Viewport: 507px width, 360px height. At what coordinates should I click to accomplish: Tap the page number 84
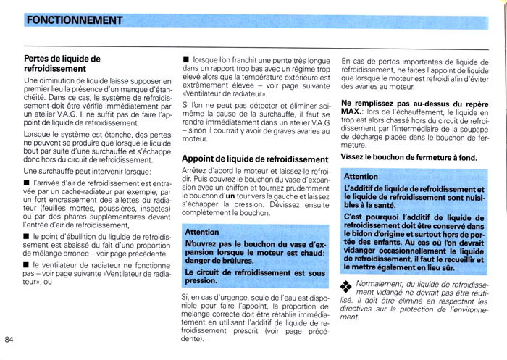coord(10,340)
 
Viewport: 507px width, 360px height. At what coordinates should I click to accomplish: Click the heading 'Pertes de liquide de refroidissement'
coord(62,64)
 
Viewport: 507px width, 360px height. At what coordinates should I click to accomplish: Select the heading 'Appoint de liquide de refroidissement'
coord(255,159)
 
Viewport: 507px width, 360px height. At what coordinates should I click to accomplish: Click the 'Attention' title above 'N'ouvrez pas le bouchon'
coord(202,232)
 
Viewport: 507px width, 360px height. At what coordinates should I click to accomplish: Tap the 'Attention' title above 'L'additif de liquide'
coord(361,176)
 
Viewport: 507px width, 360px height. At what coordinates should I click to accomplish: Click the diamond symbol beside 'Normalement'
coord(346,286)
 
